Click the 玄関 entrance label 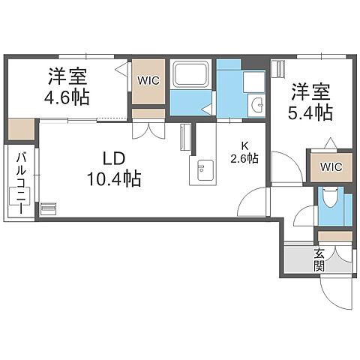pyautogui.click(x=319, y=259)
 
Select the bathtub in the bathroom pyautogui.click(x=193, y=76)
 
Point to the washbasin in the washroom pyautogui.click(x=256, y=104)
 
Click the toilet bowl pyautogui.click(x=330, y=199)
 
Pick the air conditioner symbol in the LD pyautogui.click(x=48, y=208)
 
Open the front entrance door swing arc pyautogui.click(x=334, y=294)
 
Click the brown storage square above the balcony pyautogui.click(x=22, y=129)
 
